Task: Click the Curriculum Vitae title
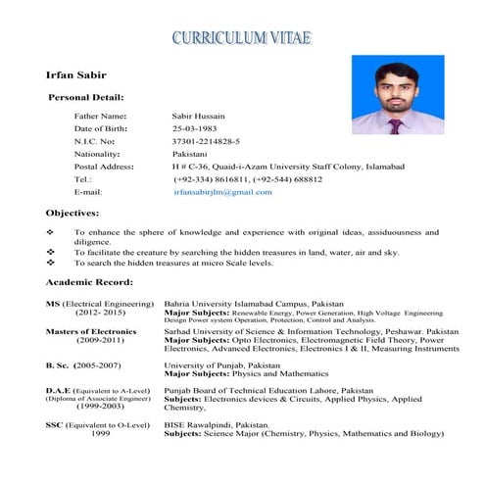[x=241, y=38]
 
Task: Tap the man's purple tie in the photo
[x=394, y=125]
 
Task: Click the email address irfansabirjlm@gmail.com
[x=222, y=192]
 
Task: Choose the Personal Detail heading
[x=86, y=98]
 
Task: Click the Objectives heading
[x=73, y=213]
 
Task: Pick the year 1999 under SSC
[x=100, y=433]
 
